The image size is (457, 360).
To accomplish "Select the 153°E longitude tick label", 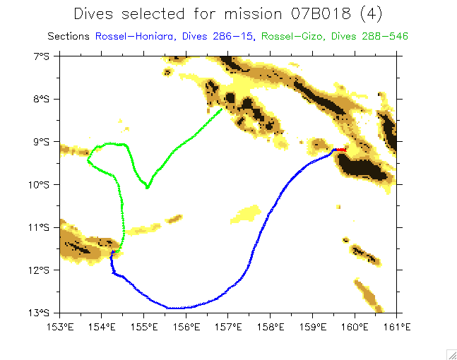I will (60, 326).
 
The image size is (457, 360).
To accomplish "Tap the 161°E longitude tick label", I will (397, 326).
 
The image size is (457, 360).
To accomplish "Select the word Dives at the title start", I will (95, 13).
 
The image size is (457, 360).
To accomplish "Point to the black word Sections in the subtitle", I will (69, 35).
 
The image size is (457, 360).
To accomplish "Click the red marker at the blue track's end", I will (341, 149).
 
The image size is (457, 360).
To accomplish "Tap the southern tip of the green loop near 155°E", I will (147, 188).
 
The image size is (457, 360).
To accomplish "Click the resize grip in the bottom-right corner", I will (451, 354).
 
